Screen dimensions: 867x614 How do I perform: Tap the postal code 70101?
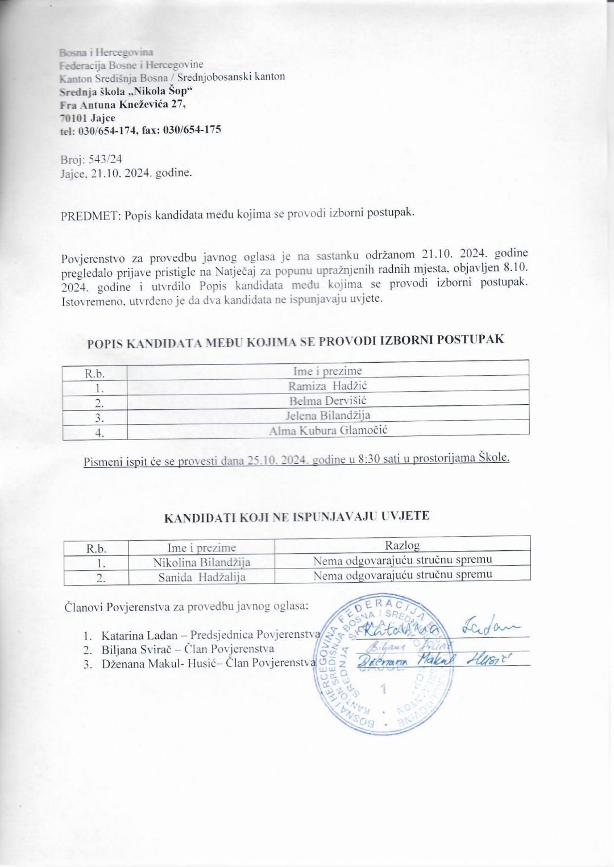pyautogui.click(x=73, y=118)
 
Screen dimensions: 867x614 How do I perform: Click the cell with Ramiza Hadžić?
pyautogui.click(x=327, y=386)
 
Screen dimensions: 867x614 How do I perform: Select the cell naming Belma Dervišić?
pyautogui.click(x=327, y=401)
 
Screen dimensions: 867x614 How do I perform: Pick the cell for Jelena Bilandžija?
pyautogui.click(x=327, y=416)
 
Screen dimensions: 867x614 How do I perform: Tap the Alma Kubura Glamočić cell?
pyautogui.click(x=327, y=430)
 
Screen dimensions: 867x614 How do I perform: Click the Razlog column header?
pyautogui.click(x=402, y=545)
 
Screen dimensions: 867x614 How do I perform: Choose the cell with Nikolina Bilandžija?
pyautogui.click(x=201, y=562)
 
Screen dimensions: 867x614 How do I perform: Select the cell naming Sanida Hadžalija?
pyautogui.click(x=201, y=577)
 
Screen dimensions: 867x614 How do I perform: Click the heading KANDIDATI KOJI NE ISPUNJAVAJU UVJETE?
pyautogui.click(x=296, y=517)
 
